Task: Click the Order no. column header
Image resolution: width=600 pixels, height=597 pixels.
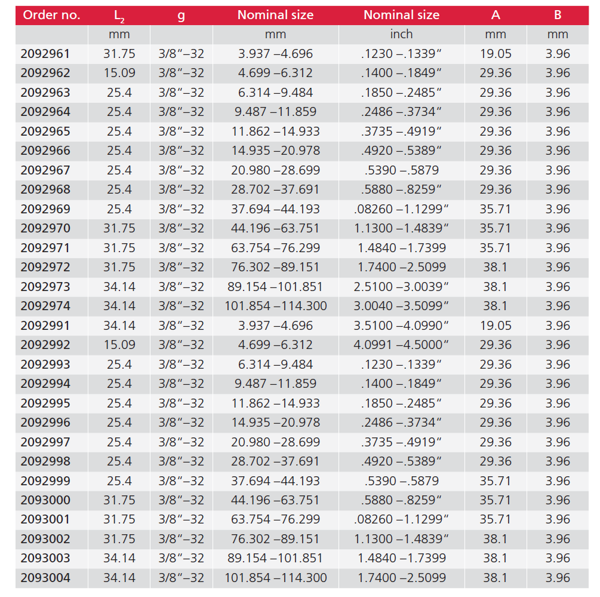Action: click(x=51, y=15)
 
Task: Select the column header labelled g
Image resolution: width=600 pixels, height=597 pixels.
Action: click(x=181, y=15)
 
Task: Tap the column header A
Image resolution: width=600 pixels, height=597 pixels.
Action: click(x=496, y=15)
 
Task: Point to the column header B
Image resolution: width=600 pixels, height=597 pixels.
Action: click(x=558, y=15)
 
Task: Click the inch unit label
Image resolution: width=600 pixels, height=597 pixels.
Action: click(x=401, y=35)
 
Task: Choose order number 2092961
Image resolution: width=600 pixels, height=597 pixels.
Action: click(x=45, y=54)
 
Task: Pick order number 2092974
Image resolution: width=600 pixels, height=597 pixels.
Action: click(x=45, y=306)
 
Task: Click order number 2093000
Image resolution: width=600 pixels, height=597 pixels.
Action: click(x=45, y=500)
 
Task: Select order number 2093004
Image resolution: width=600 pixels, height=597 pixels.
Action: click(x=45, y=578)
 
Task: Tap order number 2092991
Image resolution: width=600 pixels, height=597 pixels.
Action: click(x=45, y=326)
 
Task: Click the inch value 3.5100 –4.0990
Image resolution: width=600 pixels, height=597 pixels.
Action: click(x=401, y=326)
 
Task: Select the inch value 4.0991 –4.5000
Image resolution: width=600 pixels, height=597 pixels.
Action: click(x=401, y=345)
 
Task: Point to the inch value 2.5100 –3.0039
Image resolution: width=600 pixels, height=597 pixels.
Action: click(x=401, y=287)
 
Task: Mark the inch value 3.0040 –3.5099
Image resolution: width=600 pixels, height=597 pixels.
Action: click(x=401, y=306)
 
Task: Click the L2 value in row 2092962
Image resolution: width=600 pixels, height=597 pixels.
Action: click(x=119, y=73)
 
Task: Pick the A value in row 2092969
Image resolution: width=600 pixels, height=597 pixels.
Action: click(x=496, y=209)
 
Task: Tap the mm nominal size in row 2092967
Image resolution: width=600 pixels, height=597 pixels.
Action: click(x=276, y=170)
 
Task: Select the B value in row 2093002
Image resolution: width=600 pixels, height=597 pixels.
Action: click(x=558, y=539)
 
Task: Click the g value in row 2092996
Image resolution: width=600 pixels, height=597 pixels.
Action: click(x=181, y=423)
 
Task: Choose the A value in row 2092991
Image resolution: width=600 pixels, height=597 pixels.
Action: click(x=496, y=326)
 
